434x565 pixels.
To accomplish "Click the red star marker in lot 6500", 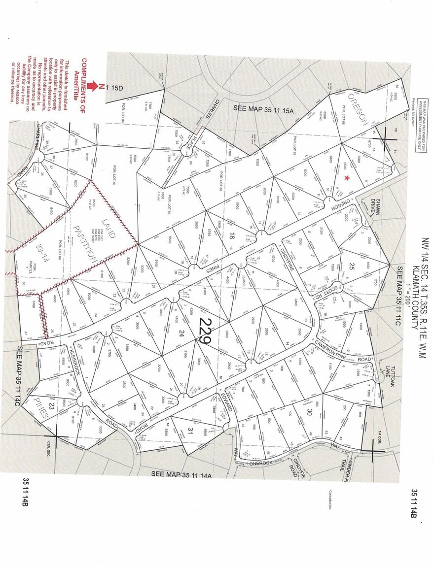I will point(348,177).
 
